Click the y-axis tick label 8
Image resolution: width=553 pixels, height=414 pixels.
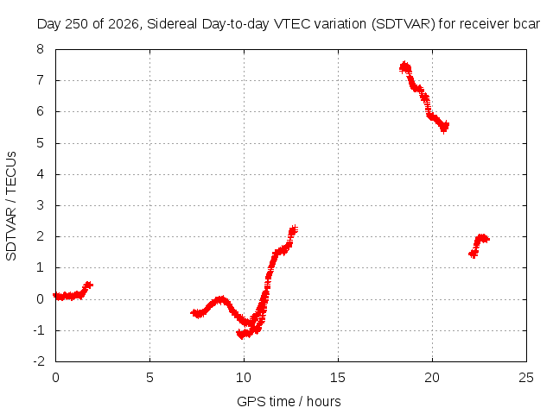coord(40,49)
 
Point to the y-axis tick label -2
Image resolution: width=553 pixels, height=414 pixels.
coord(39,361)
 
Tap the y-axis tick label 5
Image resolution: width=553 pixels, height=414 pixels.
coord(40,143)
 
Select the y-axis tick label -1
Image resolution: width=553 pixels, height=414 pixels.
coord(39,330)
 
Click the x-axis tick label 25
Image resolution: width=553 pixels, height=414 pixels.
coord(526,378)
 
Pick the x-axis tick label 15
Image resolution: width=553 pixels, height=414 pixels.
coord(338,378)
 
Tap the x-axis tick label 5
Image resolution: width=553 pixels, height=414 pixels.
coord(149,378)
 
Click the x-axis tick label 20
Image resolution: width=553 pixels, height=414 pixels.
coord(432,378)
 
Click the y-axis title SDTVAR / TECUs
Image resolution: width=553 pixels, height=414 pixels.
coord(11,206)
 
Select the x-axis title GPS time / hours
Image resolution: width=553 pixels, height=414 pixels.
coord(289,401)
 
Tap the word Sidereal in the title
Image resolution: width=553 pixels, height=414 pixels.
coord(172,24)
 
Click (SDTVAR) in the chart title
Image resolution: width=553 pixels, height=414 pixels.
coord(404,24)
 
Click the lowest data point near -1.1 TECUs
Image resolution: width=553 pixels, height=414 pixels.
coord(241,336)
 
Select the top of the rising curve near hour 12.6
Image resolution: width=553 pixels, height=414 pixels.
coord(294,229)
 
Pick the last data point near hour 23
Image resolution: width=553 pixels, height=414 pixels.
coord(486,240)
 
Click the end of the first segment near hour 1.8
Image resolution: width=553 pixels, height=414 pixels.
coord(89,285)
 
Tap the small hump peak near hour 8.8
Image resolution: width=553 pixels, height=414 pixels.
coord(220,299)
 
